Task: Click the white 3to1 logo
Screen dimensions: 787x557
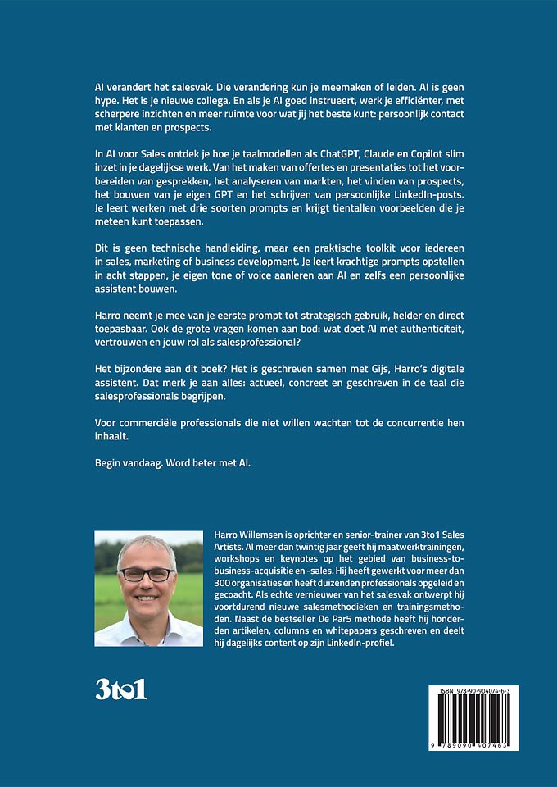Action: click(x=120, y=687)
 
